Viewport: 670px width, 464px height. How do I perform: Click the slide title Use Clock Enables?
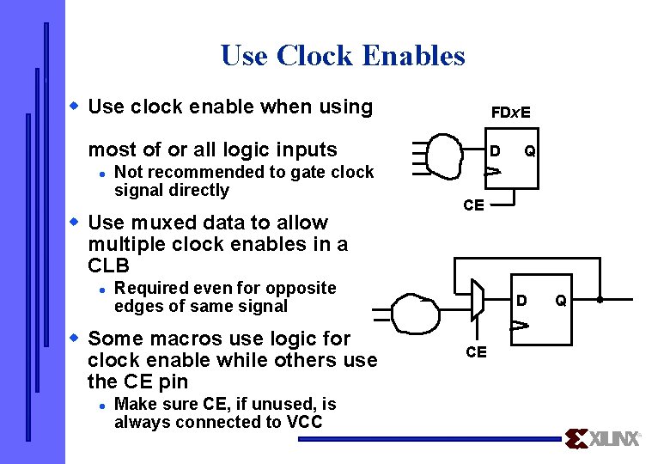click(343, 56)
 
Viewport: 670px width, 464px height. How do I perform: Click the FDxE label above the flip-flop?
click(510, 113)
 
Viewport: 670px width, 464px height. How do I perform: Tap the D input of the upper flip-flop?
click(495, 152)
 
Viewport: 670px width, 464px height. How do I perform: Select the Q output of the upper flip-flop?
click(531, 152)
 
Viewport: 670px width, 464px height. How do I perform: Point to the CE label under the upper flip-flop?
click(473, 205)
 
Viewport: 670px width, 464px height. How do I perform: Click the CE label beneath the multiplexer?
click(476, 352)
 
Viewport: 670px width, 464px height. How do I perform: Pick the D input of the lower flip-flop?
click(520, 301)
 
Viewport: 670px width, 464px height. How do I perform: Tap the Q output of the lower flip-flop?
click(560, 301)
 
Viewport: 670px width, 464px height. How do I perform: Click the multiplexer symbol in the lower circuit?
click(477, 302)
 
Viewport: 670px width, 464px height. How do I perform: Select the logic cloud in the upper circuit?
click(445, 156)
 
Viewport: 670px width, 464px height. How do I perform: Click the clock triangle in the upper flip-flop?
click(491, 173)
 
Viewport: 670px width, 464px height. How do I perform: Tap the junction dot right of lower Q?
click(599, 301)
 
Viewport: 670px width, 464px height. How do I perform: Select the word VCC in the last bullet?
click(304, 422)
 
